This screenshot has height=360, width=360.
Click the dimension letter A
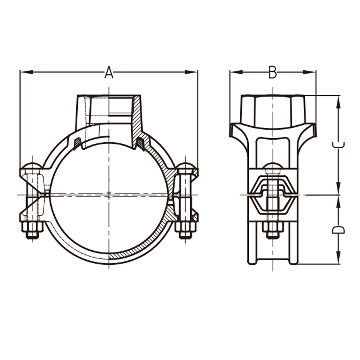109,72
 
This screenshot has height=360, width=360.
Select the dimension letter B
273,72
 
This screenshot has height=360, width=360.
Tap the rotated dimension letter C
338,145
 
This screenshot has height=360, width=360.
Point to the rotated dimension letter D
338,230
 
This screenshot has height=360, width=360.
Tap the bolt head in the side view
273,168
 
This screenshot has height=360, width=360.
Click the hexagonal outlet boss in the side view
273,111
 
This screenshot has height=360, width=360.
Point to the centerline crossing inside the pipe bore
109,195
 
